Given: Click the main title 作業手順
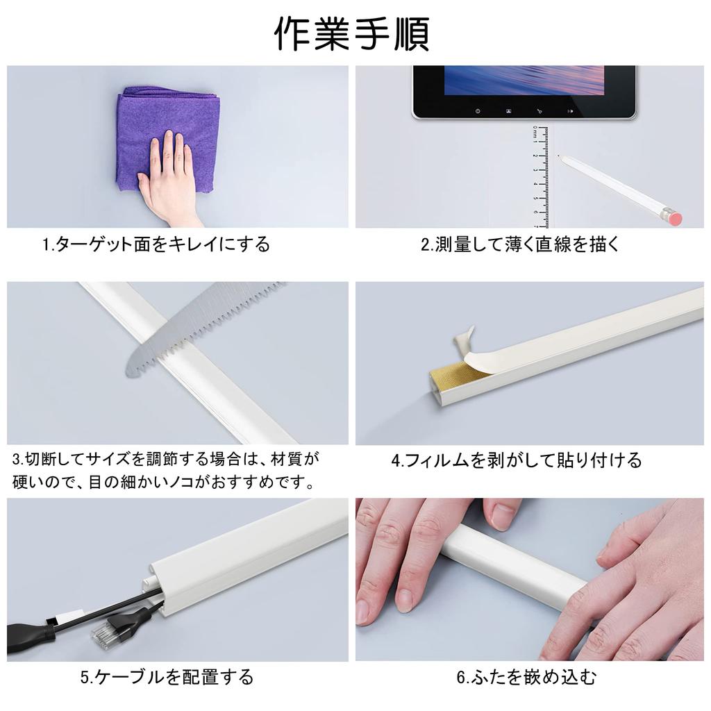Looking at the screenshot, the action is click(352, 34).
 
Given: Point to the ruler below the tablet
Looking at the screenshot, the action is click(540, 177).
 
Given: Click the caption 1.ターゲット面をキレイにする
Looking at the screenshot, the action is click(156, 245).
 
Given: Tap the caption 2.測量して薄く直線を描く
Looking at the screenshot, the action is click(520, 245).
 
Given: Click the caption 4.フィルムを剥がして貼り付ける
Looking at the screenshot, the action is click(517, 461).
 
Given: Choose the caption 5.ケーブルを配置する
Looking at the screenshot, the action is click(167, 677).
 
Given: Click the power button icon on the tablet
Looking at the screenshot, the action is click(478, 110).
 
